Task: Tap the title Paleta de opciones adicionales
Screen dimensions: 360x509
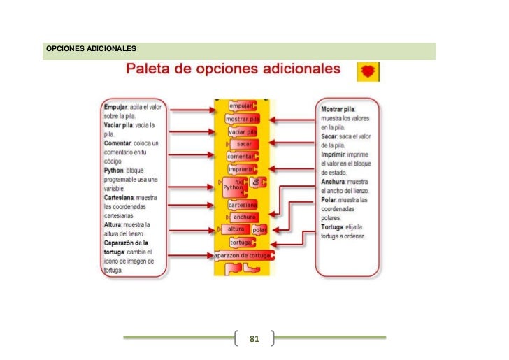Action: [x=233, y=70]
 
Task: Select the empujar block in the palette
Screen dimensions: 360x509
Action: [x=241, y=106]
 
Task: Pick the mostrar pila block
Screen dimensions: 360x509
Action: [x=241, y=119]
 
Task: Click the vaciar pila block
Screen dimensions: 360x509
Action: [x=242, y=131]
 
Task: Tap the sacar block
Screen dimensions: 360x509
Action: [x=243, y=144]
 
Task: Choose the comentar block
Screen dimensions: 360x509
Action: [x=241, y=157]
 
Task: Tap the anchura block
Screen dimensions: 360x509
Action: [x=243, y=217]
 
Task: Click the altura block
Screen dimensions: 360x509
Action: [x=236, y=229]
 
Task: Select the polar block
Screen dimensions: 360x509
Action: [x=260, y=230]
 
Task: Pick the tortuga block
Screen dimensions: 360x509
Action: [x=241, y=242]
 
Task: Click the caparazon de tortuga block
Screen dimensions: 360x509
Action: [x=243, y=256]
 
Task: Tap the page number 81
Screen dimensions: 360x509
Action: [x=254, y=339]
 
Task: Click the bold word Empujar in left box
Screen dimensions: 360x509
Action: [x=115, y=107]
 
